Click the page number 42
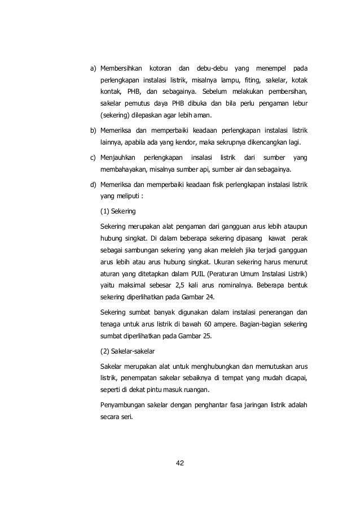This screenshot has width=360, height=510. point(181,464)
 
